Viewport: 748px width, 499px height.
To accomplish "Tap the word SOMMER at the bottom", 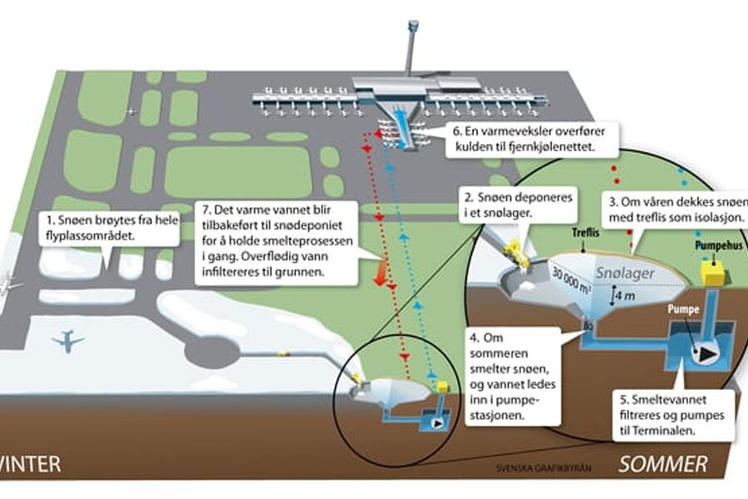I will [663, 464].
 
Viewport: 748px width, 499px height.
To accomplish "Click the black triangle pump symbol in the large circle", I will [706, 353].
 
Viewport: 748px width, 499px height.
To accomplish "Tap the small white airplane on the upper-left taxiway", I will [131, 111].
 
